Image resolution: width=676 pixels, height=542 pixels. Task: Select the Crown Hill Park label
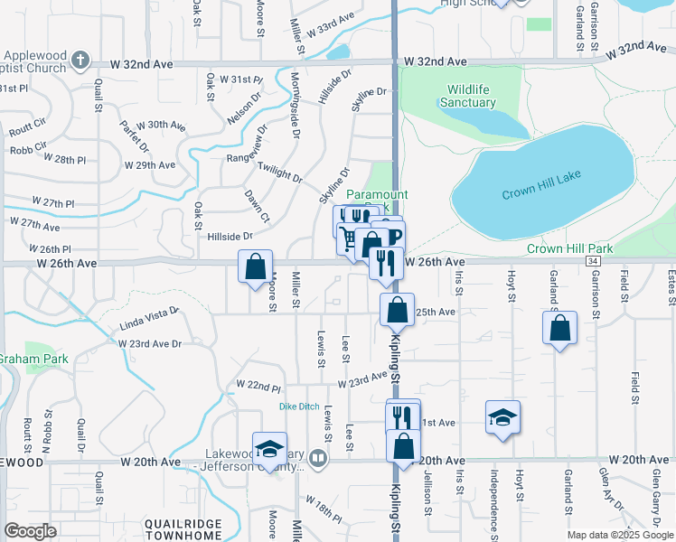coord(570,248)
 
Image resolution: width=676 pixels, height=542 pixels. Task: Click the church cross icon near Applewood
coord(80,61)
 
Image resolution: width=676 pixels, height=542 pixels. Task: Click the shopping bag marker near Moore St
coord(255,266)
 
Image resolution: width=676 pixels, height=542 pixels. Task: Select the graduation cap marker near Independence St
coord(502,418)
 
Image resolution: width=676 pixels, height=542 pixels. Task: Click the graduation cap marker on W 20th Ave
coord(269,449)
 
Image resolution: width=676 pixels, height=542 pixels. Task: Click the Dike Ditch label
coord(299,406)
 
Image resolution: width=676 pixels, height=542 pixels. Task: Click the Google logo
coord(31,531)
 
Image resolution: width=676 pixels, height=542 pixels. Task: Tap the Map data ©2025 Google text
coord(618,535)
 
